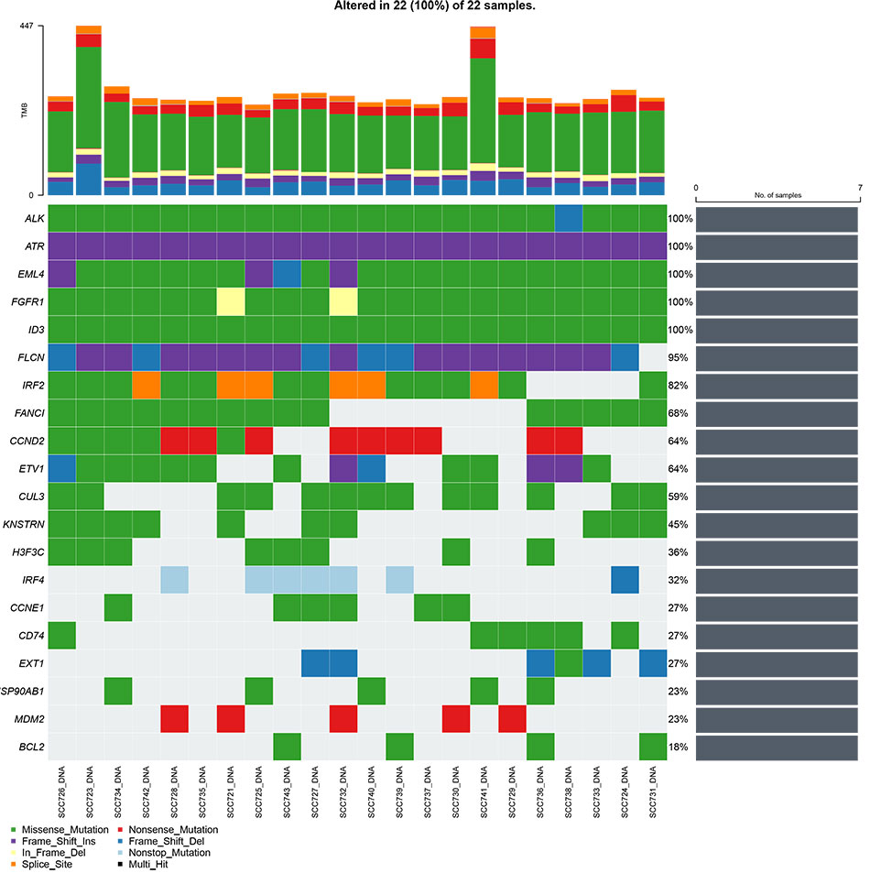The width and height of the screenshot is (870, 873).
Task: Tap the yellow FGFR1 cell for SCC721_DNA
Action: point(231,301)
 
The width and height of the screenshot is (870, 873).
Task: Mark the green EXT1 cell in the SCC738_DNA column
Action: point(569,663)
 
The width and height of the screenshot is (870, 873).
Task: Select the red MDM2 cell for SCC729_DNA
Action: point(512,717)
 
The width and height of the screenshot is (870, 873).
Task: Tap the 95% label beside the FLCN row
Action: point(681,356)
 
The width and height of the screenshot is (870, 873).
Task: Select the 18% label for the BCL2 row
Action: point(681,745)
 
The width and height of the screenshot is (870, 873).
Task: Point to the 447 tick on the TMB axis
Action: point(26,26)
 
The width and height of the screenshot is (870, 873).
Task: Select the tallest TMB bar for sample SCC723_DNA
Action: point(90,110)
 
